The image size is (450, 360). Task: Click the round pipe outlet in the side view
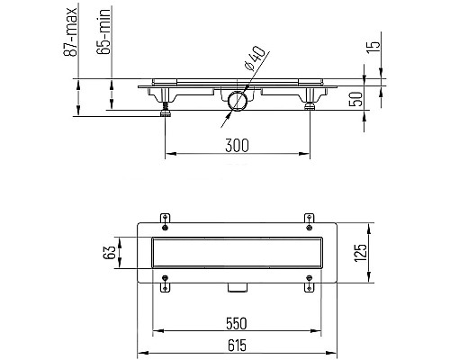tap(238, 101)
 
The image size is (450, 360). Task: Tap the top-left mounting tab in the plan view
tap(164, 218)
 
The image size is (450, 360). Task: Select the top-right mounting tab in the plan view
tap(310, 218)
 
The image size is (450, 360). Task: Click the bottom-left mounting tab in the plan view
tap(164, 289)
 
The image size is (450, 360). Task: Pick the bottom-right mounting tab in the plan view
tap(310, 289)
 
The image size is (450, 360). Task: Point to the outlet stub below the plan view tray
tap(238, 287)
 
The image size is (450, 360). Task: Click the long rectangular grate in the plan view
tap(238, 254)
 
